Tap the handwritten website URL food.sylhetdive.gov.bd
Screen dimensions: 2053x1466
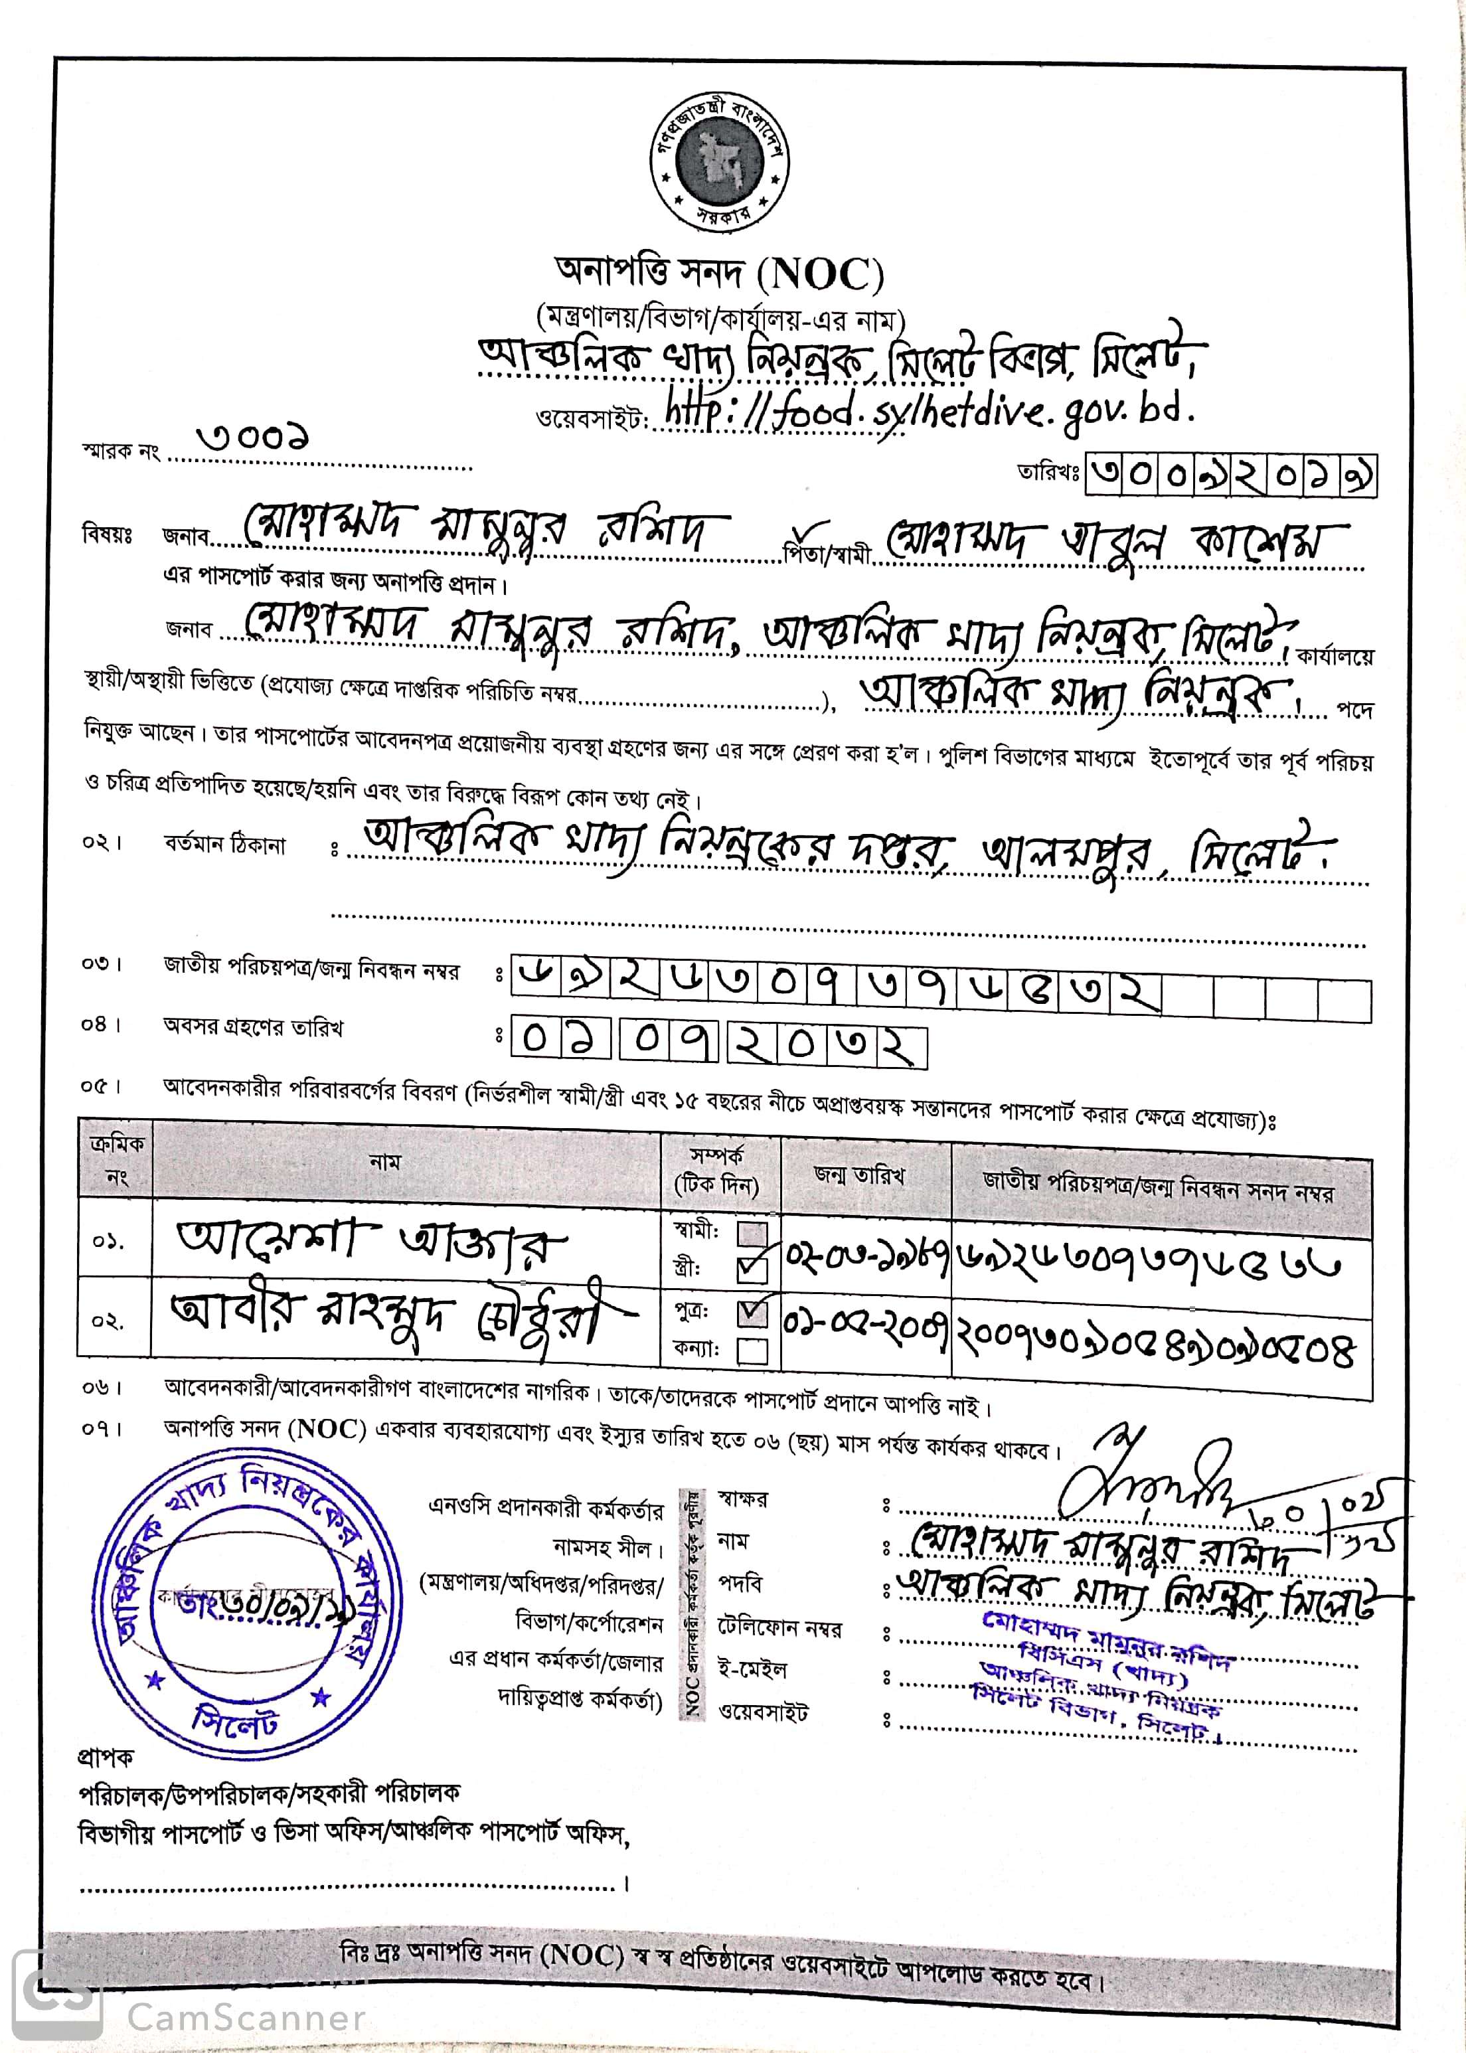click(930, 412)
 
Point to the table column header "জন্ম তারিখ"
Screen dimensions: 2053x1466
click(858, 1175)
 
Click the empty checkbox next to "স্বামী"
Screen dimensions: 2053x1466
click(753, 1233)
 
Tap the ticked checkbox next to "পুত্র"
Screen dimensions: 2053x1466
click(753, 1313)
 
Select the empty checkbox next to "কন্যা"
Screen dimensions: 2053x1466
click(753, 1351)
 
